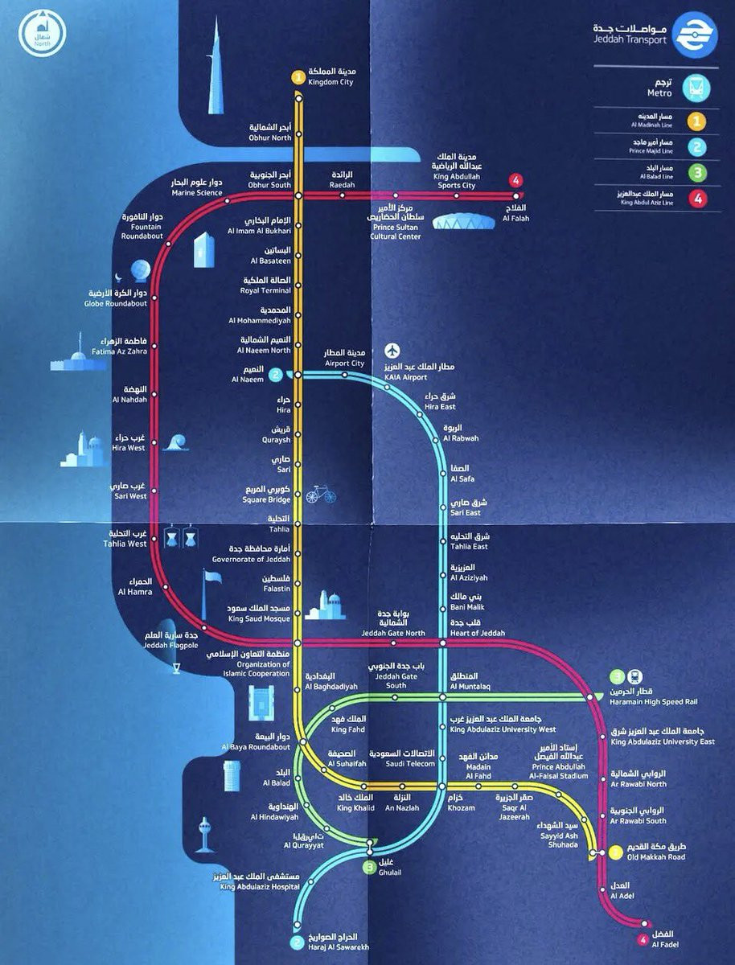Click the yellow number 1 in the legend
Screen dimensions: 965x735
(696, 121)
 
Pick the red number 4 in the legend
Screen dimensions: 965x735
(696, 199)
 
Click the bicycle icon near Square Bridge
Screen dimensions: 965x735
(320, 493)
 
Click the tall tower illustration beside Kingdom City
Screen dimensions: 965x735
(216, 72)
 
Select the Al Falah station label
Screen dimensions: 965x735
(515, 214)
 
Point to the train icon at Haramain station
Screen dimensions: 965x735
(634, 677)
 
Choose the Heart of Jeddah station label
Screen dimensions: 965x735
(478, 628)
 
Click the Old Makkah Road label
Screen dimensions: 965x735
(654, 852)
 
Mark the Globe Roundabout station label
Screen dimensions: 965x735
(115, 298)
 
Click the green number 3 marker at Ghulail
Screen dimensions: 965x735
(368, 867)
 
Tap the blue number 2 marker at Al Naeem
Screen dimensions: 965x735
(276, 374)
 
